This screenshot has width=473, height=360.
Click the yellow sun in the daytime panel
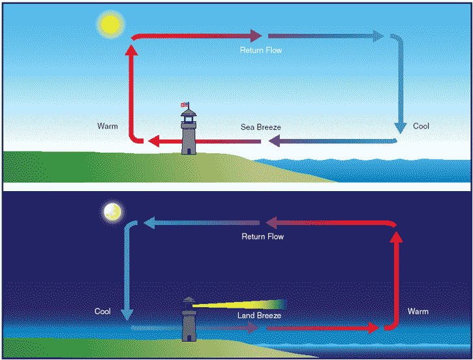coord(110,24)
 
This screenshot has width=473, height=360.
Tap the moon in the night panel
coord(112,212)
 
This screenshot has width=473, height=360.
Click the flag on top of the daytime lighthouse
coord(185,104)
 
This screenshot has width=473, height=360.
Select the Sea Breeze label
coord(260,127)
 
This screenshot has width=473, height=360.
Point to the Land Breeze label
coord(259,316)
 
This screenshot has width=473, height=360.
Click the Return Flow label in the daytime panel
coord(261,50)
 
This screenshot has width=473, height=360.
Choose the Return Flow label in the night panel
coord(262,236)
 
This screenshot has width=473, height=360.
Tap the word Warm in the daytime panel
coord(108,126)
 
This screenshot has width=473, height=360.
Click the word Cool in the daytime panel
coord(421,126)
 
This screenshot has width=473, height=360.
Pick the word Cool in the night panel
coord(102,312)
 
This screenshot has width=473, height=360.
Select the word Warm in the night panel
coord(418,312)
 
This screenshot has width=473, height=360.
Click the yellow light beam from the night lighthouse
coord(238,305)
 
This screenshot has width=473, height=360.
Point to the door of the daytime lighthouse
coord(189,151)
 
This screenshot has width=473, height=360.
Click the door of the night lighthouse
coord(189,338)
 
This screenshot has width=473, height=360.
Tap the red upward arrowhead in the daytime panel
coord(131,50)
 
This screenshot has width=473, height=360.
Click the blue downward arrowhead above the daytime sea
coord(401,128)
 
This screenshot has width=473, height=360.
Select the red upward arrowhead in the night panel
coord(397,237)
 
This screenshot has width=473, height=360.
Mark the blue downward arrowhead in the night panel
coord(127,315)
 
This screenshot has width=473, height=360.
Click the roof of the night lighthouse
coord(189,299)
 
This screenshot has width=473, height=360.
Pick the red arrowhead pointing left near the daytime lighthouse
coord(154,141)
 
